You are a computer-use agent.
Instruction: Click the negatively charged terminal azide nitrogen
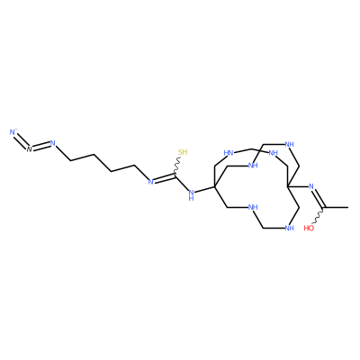coord(13,132)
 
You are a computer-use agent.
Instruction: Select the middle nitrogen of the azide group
coord(29,149)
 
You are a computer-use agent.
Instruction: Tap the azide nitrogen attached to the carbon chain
coord(53,143)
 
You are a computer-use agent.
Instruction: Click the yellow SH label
coord(183,152)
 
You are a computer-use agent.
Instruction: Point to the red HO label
coord(309,229)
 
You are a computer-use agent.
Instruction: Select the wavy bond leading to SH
coord(177,165)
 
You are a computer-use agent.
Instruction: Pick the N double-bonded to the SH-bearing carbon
coord(151,181)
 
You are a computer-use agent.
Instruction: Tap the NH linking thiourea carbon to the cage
coord(191,195)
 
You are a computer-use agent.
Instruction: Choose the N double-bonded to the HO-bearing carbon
coord(311,186)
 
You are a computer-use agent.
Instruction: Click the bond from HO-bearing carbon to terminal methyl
coord(336,207)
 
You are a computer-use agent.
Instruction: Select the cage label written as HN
coord(229,153)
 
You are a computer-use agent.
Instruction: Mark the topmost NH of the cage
coord(289,145)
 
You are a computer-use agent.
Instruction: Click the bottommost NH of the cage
coord(289,229)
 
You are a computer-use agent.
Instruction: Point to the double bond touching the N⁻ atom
coord(22,140)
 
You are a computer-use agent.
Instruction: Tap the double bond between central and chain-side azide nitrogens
coord(41,146)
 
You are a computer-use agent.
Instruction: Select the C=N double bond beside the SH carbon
coord(164,177)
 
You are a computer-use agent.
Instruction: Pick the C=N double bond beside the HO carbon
coord(319,198)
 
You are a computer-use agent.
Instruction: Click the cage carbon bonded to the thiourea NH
coord(215,186)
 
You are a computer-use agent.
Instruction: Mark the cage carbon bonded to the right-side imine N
coord(288,186)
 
